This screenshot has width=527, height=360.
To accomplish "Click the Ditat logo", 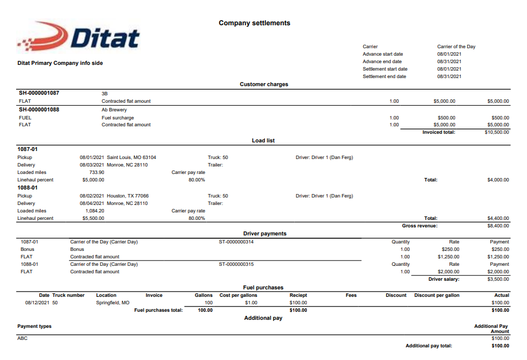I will pyautogui.click(x=79, y=37).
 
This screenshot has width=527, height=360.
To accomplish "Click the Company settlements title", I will pyautogui.click(x=255, y=24).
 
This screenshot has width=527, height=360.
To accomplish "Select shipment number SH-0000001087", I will pyautogui.click(x=39, y=93).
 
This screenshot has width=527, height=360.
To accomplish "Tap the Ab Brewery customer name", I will pyautogui.click(x=114, y=110).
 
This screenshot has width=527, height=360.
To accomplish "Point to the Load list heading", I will pyautogui.click(x=264, y=141).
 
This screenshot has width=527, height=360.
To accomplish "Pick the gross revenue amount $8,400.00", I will pyautogui.click(x=498, y=226).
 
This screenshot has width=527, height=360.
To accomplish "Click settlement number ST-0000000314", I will pyautogui.click(x=236, y=242).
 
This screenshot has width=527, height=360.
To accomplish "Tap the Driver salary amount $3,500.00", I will pyautogui.click(x=498, y=280).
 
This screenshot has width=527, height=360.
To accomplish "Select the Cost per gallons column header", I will pyautogui.click(x=239, y=295).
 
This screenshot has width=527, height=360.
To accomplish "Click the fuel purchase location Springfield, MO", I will pyautogui.click(x=113, y=303).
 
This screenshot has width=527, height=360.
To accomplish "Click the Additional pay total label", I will pyautogui.click(x=429, y=346).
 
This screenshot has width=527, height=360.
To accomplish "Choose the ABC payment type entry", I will pyautogui.click(x=22, y=338).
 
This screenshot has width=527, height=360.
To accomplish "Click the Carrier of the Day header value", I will pyautogui.click(x=456, y=47).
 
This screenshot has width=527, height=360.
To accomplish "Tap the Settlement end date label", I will pyautogui.click(x=384, y=76).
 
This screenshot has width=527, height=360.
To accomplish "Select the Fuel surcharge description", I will pyautogui.click(x=118, y=117).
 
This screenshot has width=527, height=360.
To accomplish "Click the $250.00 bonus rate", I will pyautogui.click(x=450, y=250).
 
